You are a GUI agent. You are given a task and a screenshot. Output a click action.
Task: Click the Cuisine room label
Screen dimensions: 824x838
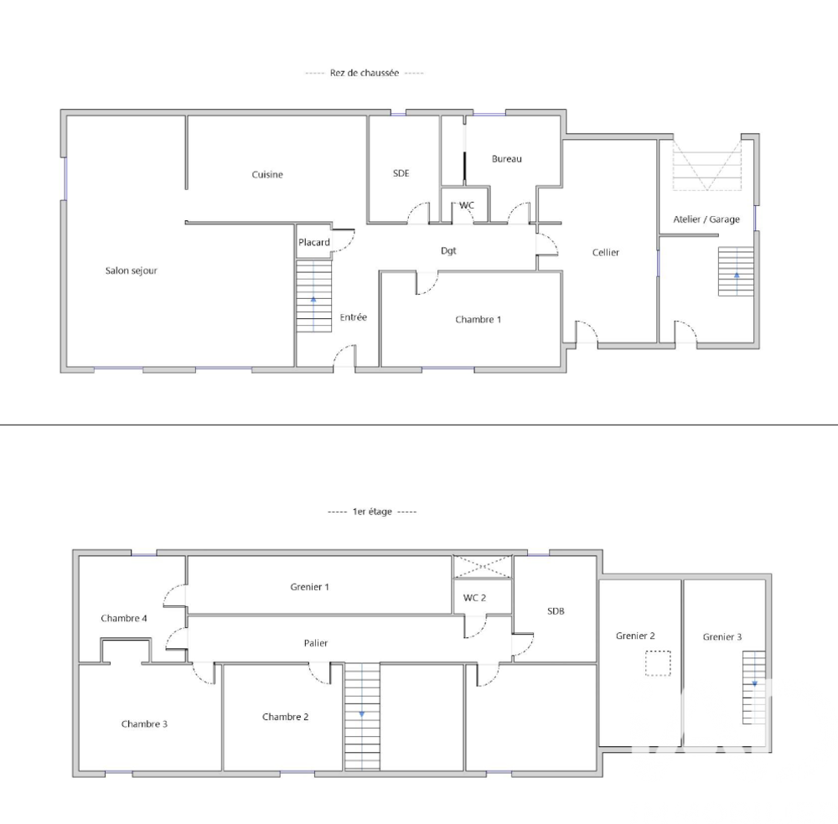click(x=267, y=175)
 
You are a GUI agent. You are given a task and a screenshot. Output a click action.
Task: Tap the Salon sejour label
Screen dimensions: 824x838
click(x=132, y=270)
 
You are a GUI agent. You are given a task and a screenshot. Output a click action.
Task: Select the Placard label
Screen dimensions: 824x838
click(x=314, y=243)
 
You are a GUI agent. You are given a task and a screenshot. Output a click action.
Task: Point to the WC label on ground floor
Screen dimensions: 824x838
click(x=467, y=205)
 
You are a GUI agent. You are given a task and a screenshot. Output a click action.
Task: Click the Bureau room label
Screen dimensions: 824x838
click(x=507, y=158)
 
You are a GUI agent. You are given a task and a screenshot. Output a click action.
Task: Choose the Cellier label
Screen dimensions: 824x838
click(x=606, y=252)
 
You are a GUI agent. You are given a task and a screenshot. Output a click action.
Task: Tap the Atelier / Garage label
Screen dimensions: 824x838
click(x=706, y=219)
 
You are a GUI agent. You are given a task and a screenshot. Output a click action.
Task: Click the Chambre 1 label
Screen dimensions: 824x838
click(x=478, y=319)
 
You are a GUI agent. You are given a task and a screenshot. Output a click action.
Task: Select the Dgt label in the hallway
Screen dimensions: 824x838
click(x=449, y=250)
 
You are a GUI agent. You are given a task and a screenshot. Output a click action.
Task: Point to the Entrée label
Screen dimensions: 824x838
click(x=354, y=317)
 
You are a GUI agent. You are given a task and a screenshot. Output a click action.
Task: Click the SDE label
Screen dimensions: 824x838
click(x=401, y=173)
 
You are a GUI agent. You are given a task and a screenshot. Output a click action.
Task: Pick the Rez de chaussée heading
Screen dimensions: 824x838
click(x=365, y=74)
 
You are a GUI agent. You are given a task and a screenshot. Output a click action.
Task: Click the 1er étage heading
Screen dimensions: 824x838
click(x=371, y=512)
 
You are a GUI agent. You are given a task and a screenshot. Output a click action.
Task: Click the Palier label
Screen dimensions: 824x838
click(x=316, y=643)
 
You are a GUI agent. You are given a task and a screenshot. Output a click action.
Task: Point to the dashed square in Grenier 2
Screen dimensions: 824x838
click(x=659, y=663)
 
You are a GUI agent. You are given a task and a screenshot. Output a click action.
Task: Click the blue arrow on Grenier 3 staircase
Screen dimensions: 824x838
click(x=754, y=682)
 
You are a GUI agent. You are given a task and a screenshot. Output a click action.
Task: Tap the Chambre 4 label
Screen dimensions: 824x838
click(x=124, y=618)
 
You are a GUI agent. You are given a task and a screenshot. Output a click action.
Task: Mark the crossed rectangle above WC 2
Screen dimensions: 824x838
click(x=482, y=566)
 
